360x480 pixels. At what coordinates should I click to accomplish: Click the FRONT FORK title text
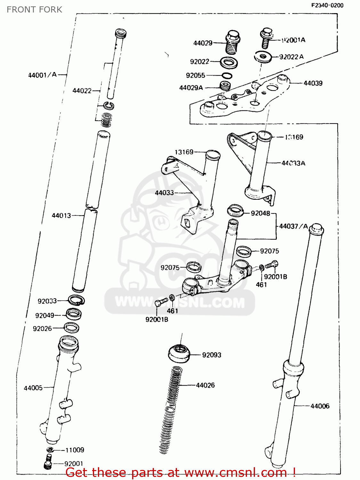34,10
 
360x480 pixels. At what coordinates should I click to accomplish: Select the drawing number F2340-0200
327,5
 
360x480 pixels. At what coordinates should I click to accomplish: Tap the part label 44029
203,43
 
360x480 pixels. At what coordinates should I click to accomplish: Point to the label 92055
195,76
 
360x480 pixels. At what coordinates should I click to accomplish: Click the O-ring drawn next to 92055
227,76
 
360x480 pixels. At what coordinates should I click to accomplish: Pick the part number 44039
313,83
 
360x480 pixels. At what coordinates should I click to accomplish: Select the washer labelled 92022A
263,57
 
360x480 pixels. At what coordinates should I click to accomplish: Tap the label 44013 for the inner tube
61,216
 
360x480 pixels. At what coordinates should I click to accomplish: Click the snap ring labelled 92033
76,300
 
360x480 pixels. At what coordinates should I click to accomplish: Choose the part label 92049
44,316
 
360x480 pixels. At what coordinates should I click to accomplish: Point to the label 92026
42,329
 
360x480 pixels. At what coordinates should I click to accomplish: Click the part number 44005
33,388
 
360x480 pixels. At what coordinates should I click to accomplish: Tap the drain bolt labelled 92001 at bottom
48,463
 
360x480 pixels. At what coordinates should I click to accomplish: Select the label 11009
75,450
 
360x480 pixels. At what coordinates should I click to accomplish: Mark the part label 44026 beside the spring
205,385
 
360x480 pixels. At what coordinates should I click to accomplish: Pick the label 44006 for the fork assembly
320,406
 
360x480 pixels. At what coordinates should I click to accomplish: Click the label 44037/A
293,226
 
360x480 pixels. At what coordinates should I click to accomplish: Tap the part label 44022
82,91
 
